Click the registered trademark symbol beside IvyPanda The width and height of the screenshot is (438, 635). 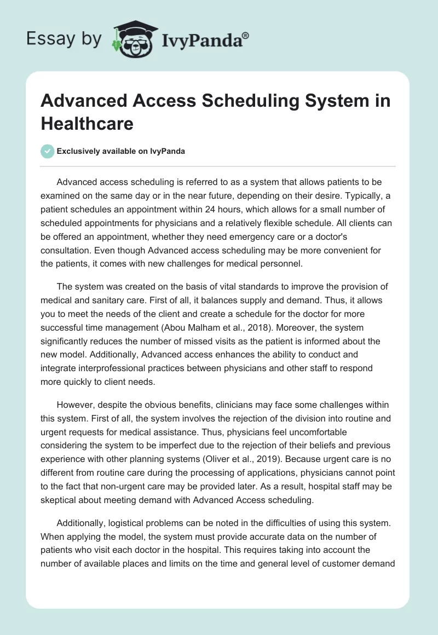246,36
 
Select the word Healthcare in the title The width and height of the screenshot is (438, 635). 87,123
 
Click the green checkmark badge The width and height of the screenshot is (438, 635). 48,151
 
